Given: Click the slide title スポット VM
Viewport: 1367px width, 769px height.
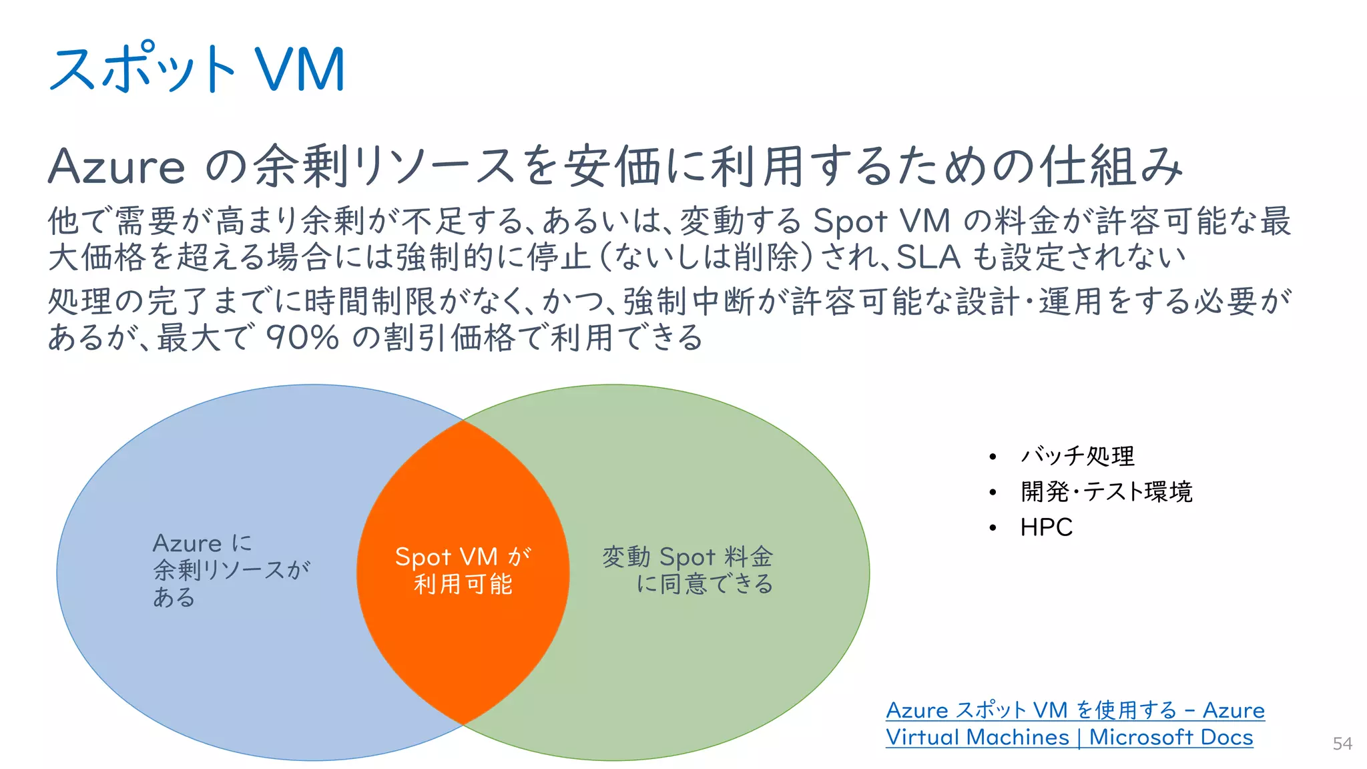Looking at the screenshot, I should pos(197,69).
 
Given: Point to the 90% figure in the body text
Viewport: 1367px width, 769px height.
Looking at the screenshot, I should pos(303,337).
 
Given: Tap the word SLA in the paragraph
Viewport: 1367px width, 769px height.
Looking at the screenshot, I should pos(928,256).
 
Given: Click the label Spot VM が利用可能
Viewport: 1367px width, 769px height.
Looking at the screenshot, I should pos(463,570).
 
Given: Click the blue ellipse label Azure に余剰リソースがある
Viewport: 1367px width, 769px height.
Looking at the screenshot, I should pos(230,569).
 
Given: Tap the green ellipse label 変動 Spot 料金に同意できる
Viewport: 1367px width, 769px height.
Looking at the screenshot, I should pos(688,569).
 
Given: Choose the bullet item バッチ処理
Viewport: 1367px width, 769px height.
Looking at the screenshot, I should pos(1077,456).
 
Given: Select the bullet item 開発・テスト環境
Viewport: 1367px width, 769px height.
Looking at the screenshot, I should pos(1106,491).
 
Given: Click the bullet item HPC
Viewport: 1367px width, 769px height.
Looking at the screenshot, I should pos(1046,527).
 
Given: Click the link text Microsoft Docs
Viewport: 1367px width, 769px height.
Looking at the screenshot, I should pos(1171,737).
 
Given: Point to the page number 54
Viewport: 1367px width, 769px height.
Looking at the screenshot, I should pos(1342,744).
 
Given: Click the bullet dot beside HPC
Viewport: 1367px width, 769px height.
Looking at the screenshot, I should pos(993,528).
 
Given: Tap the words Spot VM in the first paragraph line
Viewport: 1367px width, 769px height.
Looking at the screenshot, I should pos(881,221).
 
